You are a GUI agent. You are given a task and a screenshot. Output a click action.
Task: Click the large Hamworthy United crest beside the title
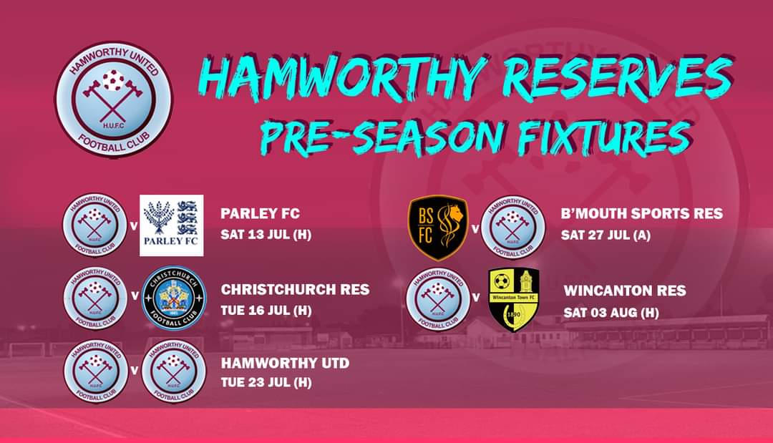[114, 98]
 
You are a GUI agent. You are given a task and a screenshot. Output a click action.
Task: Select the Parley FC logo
[172, 225]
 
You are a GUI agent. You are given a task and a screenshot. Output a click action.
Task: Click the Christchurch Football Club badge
[175, 298]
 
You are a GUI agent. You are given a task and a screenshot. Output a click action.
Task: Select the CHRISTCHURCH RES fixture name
[295, 290]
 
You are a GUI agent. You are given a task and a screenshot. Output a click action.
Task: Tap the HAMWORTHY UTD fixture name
[285, 364]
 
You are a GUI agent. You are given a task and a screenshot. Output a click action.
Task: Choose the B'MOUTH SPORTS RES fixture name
[642, 213]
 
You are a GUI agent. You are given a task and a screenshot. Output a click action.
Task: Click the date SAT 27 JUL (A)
[606, 234]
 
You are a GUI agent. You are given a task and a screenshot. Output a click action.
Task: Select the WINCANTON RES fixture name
[625, 291]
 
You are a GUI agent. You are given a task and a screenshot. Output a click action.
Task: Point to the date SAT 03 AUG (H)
[611, 312]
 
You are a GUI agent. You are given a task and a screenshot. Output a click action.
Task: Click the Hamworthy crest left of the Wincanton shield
[437, 298]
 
